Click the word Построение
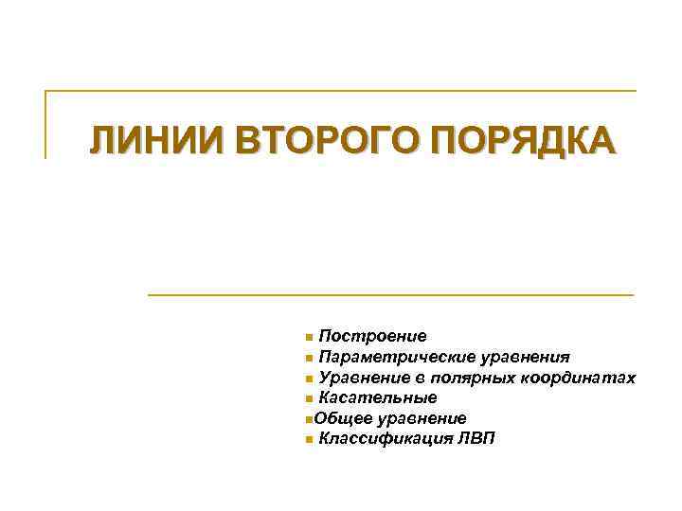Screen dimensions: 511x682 372,336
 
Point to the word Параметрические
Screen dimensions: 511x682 385,357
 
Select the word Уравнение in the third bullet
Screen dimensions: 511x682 363,378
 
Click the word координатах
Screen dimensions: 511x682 580,378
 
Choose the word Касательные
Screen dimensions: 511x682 377,397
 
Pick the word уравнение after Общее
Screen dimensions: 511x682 422,417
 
